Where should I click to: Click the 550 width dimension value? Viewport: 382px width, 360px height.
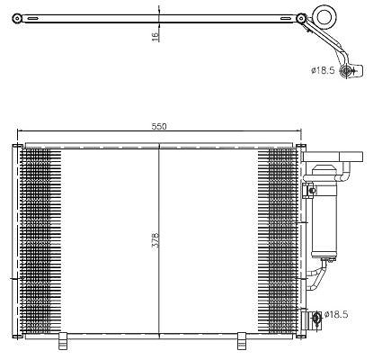(159, 126)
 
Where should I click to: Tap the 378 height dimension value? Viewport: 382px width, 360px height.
(155, 240)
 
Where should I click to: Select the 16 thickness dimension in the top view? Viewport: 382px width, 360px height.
(155, 37)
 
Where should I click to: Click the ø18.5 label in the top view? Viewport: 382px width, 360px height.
(323, 70)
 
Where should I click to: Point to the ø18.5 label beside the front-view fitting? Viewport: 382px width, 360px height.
(336, 314)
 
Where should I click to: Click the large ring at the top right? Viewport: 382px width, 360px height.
(324, 17)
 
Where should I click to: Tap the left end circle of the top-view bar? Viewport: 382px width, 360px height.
(17, 19)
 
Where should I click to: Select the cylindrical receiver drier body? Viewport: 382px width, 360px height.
(324, 211)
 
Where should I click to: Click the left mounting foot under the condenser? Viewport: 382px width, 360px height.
(63, 341)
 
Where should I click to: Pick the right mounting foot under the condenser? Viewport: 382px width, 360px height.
(242, 341)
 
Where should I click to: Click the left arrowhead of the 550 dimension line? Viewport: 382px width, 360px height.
(20, 130)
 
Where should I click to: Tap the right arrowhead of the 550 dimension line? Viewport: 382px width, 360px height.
(298, 130)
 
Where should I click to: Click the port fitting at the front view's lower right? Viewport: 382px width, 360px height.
(316, 318)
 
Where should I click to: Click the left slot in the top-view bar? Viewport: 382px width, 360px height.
(32, 19)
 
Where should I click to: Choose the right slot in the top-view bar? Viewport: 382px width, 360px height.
(286, 19)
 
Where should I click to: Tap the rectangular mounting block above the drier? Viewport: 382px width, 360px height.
(333, 157)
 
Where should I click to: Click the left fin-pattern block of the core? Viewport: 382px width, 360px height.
(40, 241)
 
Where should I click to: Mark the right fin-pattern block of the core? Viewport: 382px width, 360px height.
(278, 241)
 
